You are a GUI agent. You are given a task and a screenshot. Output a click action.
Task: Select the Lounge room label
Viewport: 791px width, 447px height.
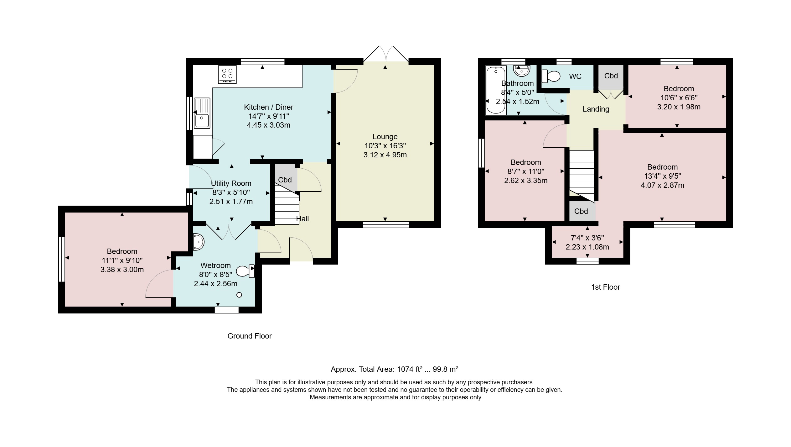(x=385, y=137)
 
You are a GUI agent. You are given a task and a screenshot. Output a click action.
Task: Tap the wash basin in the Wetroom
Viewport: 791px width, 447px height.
(x=198, y=242)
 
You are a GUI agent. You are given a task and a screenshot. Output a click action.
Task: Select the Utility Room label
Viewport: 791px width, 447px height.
(x=231, y=183)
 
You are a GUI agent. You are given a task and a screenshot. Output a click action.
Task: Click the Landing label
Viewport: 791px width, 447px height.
(x=596, y=109)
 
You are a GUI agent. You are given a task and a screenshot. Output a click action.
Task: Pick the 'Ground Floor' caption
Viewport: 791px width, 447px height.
(x=250, y=336)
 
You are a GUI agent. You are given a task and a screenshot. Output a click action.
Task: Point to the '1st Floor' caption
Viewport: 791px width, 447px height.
(x=605, y=287)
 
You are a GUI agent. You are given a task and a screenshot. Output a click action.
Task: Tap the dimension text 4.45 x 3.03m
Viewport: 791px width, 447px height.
(x=269, y=125)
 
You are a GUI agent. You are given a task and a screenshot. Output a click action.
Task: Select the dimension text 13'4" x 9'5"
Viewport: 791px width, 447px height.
(x=662, y=176)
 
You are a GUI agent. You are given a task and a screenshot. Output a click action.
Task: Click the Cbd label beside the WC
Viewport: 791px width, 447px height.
(x=611, y=76)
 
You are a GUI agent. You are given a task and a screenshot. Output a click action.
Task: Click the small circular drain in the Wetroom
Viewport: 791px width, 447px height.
(x=239, y=295)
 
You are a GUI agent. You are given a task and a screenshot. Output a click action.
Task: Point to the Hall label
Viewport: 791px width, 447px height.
(x=302, y=219)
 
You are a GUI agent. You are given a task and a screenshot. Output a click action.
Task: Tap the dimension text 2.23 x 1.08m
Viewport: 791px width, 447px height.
(x=587, y=247)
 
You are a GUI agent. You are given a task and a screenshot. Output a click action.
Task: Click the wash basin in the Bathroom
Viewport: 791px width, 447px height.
(x=522, y=71)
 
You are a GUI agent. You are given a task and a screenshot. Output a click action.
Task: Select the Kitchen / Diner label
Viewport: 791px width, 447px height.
(x=269, y=107)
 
